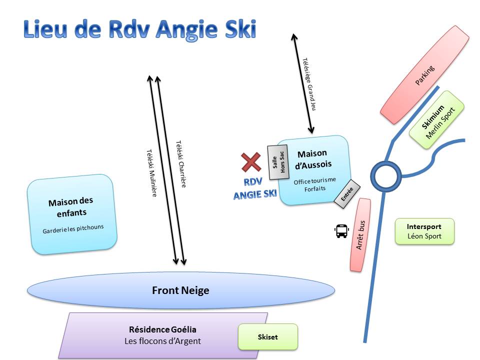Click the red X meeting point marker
(x=251, y=162)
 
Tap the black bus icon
(x=341, y=230)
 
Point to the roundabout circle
(x=385, y=176)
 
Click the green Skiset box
(x=267, y=336)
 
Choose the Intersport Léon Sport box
(x=424, y=231)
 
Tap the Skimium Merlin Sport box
(x=437, y=120)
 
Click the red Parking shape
(x=425, y=74)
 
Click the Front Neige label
(x=180, y=290)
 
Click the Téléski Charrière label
(x=181, y=164)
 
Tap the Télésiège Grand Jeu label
(x=309, y=83)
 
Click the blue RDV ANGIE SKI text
(x=255, y=188)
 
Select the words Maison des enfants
(x=70, y=207)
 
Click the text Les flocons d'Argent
(x=162, y=341)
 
